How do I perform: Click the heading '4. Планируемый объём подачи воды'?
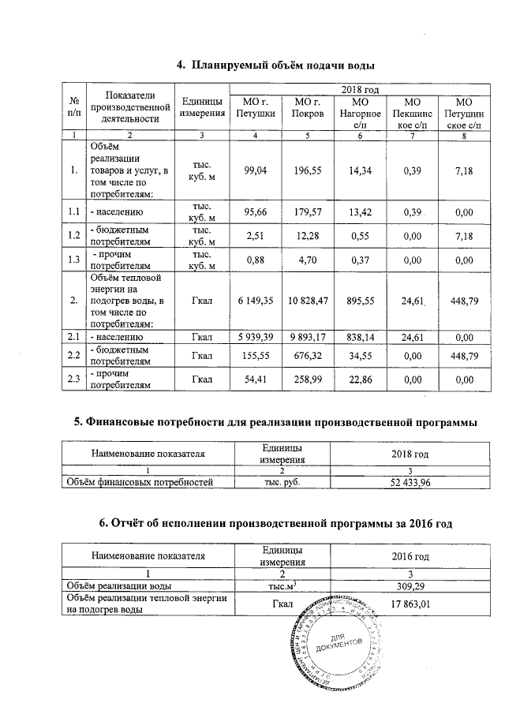click(273, 64)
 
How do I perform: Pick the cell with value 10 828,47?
click(306, 301)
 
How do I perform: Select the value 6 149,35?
click(255, 301)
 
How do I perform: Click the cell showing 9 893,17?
click(306, 338)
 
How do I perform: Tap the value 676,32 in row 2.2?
click(306, 356)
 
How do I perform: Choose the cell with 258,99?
click(306, 379)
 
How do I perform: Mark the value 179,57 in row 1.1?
click(306, 212)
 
